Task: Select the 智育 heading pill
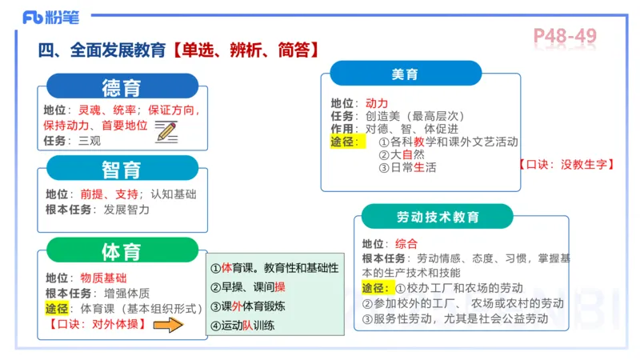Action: pos(122,169)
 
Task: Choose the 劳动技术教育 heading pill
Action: pos(438,217)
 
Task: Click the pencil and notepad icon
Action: pos(166,130)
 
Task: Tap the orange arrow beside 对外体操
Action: pos(169,325)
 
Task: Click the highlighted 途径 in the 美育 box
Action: pos(347,142)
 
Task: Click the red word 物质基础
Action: pos(103,278)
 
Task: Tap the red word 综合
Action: pos(406,243)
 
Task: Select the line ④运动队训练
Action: pos(243,326)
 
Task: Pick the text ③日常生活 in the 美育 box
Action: pos(407,167)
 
